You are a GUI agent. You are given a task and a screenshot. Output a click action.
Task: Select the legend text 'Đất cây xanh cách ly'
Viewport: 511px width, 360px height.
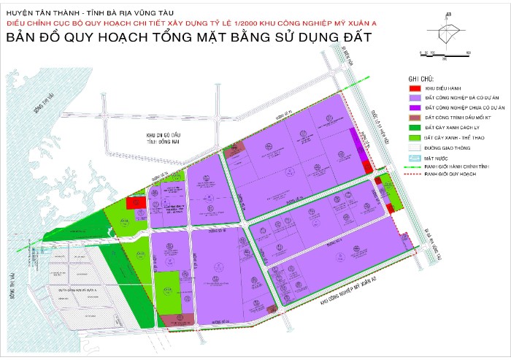(456, 127)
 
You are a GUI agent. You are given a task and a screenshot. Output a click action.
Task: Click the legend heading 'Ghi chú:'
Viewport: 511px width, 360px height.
(422, 77)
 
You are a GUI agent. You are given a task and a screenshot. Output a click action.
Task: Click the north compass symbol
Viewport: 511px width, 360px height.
(450, 30)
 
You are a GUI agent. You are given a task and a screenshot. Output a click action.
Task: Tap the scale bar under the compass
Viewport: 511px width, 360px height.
(442, 53)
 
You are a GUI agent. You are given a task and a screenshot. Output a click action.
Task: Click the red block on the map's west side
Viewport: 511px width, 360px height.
(136, 204)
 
